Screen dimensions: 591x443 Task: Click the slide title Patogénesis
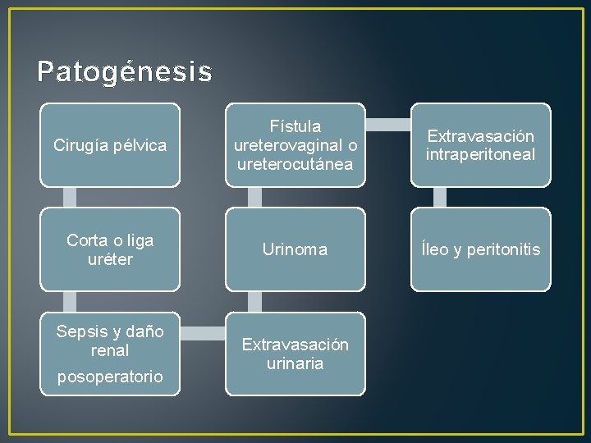coord(124,71)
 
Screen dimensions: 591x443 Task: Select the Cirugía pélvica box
coord(110,145)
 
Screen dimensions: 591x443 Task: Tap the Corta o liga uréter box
coord(110,249)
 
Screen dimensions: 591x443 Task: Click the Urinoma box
coord(295,249)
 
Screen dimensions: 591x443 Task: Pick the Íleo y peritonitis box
coord(480,249)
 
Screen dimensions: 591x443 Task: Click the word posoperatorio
coord(110,377)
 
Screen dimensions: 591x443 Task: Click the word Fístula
coord(295,127)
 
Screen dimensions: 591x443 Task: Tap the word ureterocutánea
coord(295,164)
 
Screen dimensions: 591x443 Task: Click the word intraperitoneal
coord(480,154)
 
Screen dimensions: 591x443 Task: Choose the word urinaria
coord(295,363)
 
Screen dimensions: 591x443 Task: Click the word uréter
coord(110,259)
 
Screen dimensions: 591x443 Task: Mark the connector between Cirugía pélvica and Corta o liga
coord(70,197)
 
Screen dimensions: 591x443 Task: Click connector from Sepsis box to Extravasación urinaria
coord(203,332)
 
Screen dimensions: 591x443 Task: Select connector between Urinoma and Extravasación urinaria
coord(255,301)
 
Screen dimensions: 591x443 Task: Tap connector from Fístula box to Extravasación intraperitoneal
coord(387,125)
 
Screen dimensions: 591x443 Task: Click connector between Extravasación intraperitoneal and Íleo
coord(440,197)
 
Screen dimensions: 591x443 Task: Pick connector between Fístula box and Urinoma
coord(255,197)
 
